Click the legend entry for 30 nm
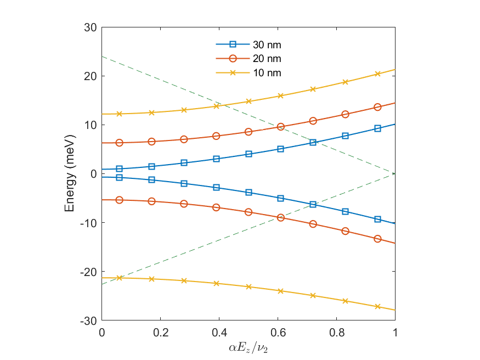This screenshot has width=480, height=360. (267, 44)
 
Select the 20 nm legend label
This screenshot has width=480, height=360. (267, 59)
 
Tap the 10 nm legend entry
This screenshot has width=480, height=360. (267, 73)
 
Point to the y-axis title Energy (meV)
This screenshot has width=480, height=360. (70, 174)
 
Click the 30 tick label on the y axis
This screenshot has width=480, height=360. (91, 27)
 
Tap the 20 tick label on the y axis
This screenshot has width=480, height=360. (91, 76)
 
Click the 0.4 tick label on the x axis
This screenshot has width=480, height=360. (219, 333)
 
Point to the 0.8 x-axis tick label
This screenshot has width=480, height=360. (336, 333)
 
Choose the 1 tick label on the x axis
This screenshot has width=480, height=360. (395, 333)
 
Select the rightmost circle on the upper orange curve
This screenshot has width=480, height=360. (377, 107)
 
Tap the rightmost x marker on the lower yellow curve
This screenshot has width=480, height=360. (377, 306)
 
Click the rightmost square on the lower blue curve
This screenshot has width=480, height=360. (377, 219)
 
